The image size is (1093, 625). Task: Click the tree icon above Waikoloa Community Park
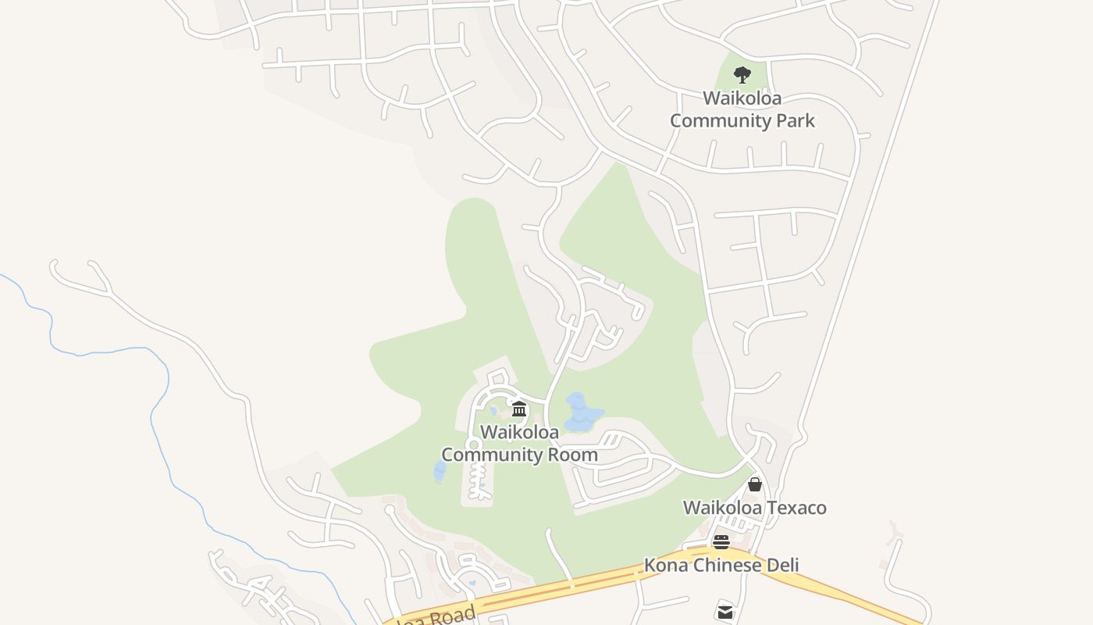[x=742, y=75]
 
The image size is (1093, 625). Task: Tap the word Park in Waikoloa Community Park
[x=795, y=120]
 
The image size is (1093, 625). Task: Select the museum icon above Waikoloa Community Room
[x=519, y=409]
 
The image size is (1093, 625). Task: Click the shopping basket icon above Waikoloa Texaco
[x=754, y=484]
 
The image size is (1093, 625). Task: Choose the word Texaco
[x=796, y=508]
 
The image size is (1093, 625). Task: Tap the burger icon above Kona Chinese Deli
[x=721, y=542]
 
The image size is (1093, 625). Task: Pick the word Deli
[x=781, y=565]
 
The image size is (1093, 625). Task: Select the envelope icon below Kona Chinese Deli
[x=725, y=612]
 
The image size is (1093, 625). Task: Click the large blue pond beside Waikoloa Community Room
[x=581, y=411]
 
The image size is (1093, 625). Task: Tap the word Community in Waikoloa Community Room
[x=493, y=455]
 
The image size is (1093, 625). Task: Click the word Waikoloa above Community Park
[x=742, y=98]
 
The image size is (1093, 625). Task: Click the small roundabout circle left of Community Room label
[x=472, y=444]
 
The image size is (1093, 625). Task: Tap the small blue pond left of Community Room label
[x=440, y=472]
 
